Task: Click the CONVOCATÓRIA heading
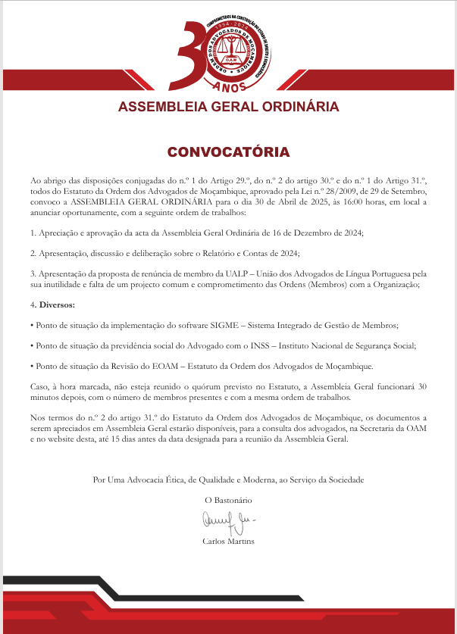228,151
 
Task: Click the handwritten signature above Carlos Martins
227,521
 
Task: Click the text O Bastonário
228,500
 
